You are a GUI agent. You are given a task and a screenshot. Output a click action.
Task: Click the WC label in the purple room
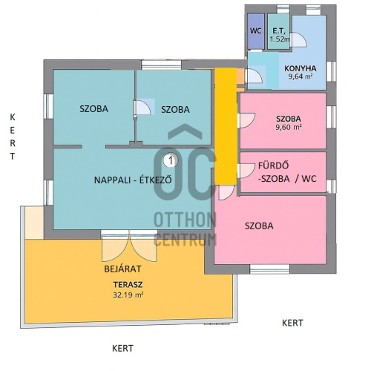click(255, 31)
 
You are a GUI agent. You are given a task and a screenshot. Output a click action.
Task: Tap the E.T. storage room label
click(279, 31)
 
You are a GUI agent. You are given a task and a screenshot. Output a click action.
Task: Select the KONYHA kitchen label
click(301, 68)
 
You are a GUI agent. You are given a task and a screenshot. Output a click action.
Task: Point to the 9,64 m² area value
click(301, 76)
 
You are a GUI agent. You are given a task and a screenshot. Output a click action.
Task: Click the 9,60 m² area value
click(289, 128)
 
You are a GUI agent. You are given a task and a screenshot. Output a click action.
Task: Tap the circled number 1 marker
click(171, 160)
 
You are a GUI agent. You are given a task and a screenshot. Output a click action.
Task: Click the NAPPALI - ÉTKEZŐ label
click(133, 180)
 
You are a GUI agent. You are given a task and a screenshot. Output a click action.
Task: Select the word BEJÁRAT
click(122, 269)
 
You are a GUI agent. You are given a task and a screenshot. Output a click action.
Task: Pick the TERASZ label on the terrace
click(128, 285)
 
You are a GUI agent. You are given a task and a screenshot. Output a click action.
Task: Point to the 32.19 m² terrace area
click(128, 295)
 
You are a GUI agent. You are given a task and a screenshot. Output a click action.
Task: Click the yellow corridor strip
click(226, 126)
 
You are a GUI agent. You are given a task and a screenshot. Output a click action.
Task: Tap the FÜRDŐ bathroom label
click(273, 165)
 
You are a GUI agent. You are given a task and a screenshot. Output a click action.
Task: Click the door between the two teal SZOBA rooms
click(142, 107)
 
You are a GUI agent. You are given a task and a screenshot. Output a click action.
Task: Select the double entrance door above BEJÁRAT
click(129, 248)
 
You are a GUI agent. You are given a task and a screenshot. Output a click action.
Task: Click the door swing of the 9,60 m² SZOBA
click(246, 120)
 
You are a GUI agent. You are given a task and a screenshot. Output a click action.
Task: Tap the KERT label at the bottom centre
click(122, 348)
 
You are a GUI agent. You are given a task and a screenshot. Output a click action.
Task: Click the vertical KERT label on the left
click(13, 137)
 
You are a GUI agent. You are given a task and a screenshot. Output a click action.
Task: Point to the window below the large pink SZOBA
click(269, 269)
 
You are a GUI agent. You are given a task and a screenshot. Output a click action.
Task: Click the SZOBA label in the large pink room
click(259, 226)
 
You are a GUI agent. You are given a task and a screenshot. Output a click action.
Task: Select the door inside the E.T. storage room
click(298, 39)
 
